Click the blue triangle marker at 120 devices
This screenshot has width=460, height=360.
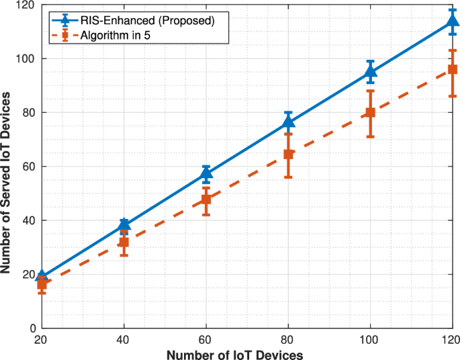452,21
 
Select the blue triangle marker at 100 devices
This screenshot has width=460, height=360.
370,72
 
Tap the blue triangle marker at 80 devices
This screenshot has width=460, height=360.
288,122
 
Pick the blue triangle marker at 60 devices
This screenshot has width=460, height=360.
206,174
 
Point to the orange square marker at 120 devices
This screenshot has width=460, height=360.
452,69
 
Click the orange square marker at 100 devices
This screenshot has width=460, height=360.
370,113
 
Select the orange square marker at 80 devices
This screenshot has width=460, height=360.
288,154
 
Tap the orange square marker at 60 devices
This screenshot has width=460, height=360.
206,199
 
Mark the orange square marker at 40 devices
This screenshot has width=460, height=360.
124,242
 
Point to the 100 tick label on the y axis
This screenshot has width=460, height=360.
26,59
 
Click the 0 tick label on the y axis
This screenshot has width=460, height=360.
32,328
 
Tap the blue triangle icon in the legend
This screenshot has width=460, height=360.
66,20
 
